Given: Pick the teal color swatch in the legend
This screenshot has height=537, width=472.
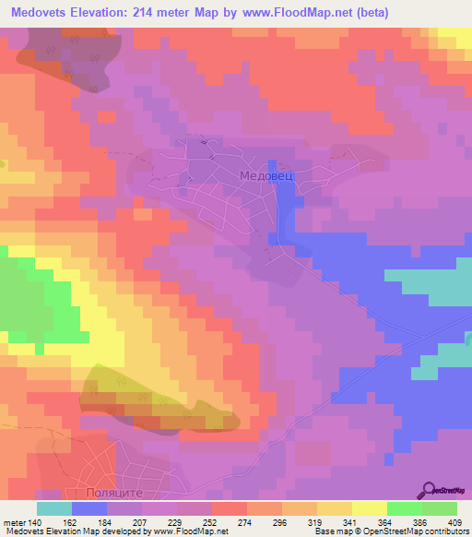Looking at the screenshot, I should [53, 508].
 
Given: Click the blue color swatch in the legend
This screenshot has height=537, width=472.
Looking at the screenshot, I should [88, 508].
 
